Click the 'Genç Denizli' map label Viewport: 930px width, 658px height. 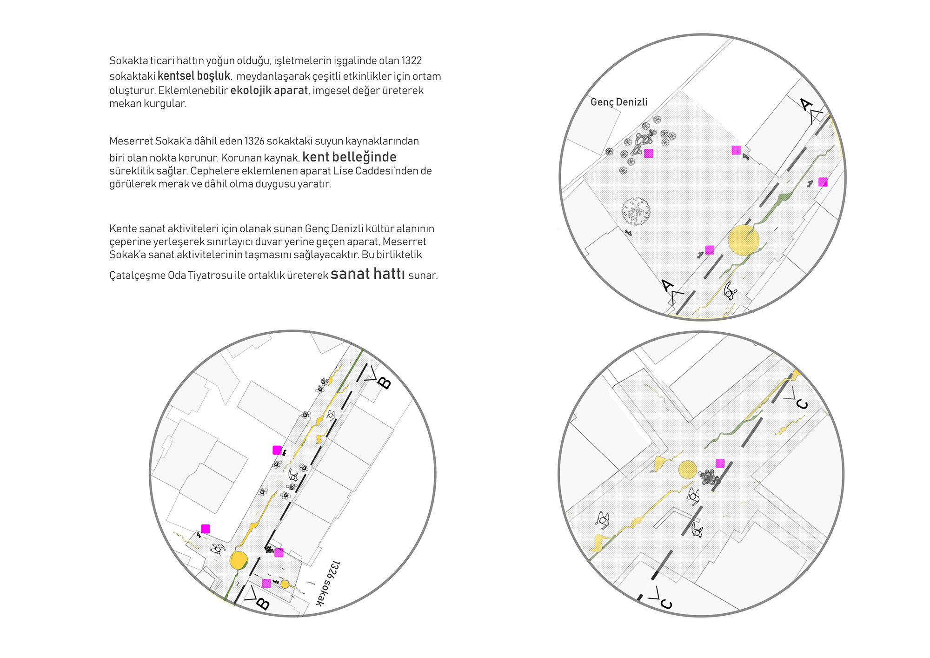pos(618,102)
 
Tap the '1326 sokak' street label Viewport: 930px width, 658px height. pos(328,584)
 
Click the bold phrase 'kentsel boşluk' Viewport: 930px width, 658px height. pos(194,76)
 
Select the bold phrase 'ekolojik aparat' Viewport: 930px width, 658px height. pos(269,90)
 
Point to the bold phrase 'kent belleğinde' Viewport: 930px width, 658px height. pos(349,157)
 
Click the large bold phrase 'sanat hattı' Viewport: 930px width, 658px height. pos(367,274)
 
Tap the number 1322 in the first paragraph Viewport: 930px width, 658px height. pos(412,60)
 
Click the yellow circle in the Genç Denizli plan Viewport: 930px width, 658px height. pos(743,240)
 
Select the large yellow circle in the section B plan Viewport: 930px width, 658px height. pos(239,560)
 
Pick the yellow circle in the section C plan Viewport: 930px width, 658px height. pos(687,470)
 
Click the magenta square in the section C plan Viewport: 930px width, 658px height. pos(720,463)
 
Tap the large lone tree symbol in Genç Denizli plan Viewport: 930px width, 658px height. pos(636,211)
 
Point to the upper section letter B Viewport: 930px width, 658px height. pos(384,383)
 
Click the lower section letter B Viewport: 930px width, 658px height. pos(263,604)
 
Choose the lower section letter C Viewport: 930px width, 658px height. pos(666,604)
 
